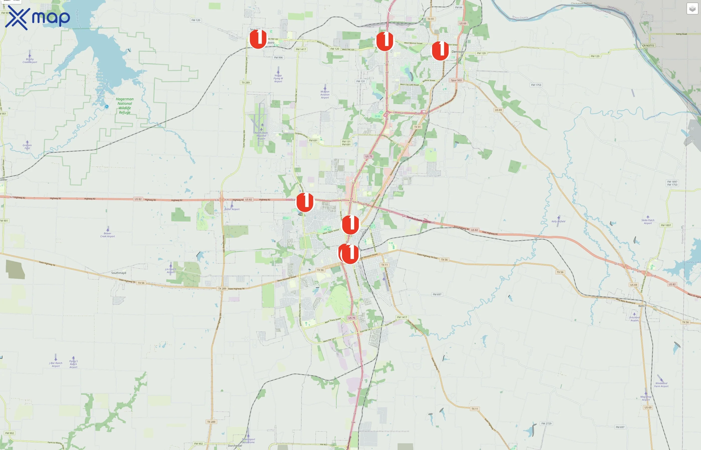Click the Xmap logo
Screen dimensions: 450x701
(38, 18)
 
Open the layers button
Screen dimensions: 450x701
(692, 9)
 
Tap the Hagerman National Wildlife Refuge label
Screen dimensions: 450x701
(125, 106)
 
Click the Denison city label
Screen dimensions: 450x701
(458, 52)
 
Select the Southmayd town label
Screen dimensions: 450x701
(118, 273)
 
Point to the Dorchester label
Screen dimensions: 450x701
(235, 445)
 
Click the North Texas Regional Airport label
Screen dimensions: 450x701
(261, 135)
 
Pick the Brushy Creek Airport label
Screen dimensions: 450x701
(30, 60)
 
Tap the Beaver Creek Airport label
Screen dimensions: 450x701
(107, 235)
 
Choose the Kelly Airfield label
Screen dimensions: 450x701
(558, 221)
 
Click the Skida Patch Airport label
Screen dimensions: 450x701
(648, 221)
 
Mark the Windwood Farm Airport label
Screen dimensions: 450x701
(661, 384)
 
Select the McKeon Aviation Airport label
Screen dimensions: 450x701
(325, 94)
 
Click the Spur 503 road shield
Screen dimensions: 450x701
(456, 80)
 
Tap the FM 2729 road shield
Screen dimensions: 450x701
(546, 423)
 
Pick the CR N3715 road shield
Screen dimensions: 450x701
(648, 45)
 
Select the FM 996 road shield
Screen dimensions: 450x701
(278, 57)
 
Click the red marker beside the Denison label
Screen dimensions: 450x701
(440, 50)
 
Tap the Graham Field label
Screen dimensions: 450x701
(27, 146)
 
